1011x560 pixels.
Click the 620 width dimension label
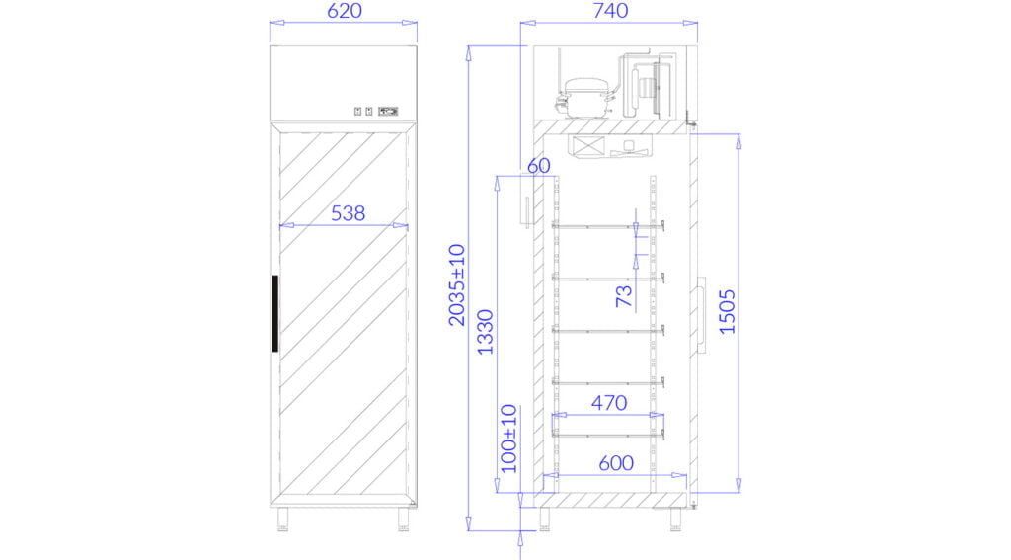[x=345, y=11]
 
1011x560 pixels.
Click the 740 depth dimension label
[x=610, y=11]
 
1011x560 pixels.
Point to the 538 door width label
[x=349, y=213]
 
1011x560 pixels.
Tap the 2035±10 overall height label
[x=457, y=284]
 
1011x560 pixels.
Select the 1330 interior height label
[x=485, y=332]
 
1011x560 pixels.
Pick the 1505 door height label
[x=728, y=312]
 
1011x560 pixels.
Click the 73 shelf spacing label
[x=624, y=296]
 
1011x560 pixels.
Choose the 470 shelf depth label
[x=608, y=403]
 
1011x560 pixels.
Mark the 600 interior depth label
[x=616, y=463]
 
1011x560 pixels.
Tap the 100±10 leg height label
[x=509, y=439]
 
